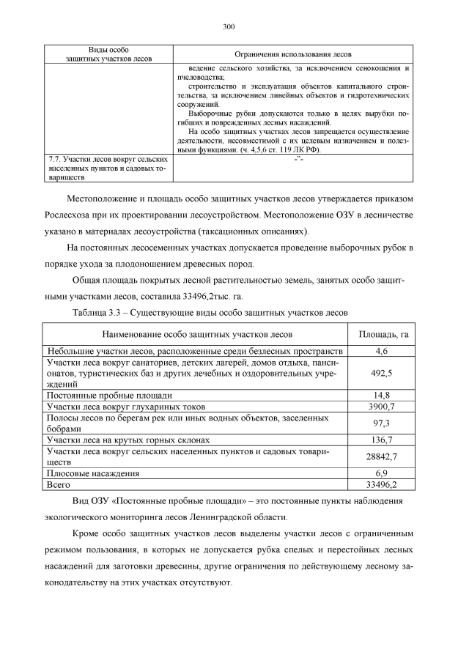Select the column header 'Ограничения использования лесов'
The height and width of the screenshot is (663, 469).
pos(292,55)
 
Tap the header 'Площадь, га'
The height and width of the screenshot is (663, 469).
pos(381,335)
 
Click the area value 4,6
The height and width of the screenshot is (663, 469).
pos(381,352)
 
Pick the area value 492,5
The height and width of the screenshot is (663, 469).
pos(381,374)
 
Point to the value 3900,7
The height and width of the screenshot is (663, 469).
pos(381,407)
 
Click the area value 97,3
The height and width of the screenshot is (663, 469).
pos(381,423)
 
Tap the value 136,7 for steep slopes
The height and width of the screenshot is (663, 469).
pos(381,440)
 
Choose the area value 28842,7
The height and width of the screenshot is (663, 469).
pos(381,457)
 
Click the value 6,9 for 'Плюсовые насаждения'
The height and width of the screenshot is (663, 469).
pos(381,474)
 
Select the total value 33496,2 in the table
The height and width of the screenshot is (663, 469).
pos(381,485)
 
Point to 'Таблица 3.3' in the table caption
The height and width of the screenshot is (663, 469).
pos(99,313)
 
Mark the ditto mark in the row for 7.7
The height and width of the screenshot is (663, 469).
pos(292,159)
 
